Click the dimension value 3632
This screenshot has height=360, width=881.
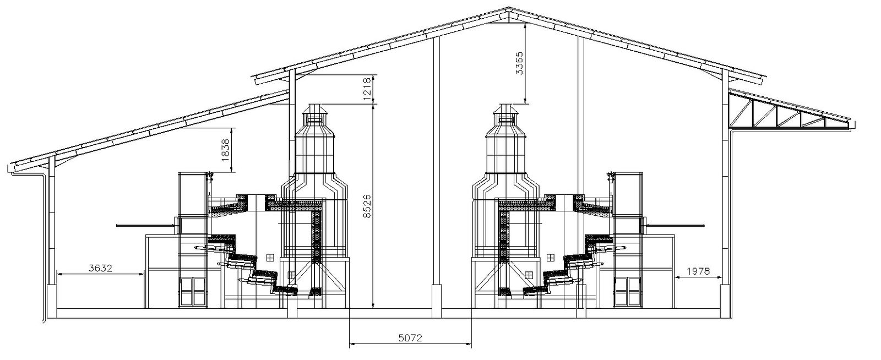click(x=100, y=269)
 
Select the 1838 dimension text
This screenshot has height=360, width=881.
click(x=225, y=150)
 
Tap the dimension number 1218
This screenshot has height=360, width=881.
click(x=368, y=89)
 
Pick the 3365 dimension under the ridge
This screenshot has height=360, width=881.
click(x=520, y=63)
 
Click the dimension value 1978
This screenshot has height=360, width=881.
click(x=698, y=271)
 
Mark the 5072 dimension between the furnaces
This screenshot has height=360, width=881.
click(x=410, y=337)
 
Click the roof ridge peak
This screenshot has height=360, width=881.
click(x=509, y=8)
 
